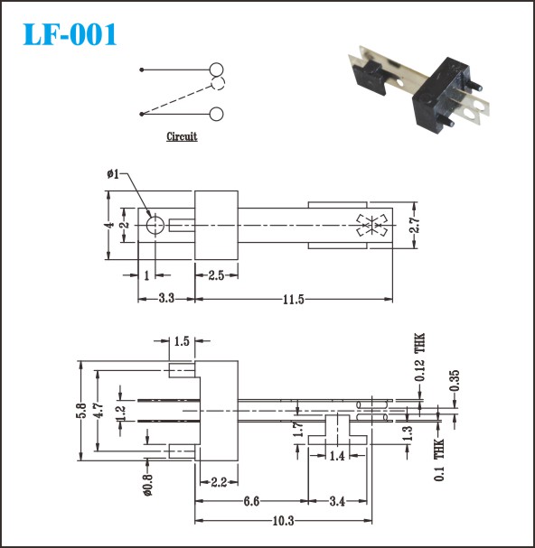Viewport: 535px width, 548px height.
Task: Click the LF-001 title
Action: (70, 34)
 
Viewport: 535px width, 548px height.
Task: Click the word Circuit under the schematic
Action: (182, 136)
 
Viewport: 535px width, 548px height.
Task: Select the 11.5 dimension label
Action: (293, 300)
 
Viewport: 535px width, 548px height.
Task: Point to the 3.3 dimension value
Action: (166, 299)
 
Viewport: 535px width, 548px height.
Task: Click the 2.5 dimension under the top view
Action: (216, 275)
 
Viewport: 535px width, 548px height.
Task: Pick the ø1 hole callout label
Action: (113, 173)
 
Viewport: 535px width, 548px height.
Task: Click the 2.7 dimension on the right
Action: (414, 226)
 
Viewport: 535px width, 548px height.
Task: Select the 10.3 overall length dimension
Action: (283, 521)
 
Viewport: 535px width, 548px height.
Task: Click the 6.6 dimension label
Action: (251, 502)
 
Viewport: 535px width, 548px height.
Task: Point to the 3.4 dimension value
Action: (337, 502)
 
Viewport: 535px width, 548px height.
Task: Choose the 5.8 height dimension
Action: (81, 411)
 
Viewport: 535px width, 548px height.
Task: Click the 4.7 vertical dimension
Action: (99, 411)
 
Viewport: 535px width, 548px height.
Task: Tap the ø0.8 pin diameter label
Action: (148, 485)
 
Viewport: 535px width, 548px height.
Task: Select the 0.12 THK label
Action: (419, 357)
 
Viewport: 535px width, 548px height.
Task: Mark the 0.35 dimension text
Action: (455, 381)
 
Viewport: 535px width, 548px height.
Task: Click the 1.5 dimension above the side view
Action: (182, 340)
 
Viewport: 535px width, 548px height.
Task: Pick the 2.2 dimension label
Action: (219, 483)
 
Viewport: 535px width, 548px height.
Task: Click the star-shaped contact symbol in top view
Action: (372, 226)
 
